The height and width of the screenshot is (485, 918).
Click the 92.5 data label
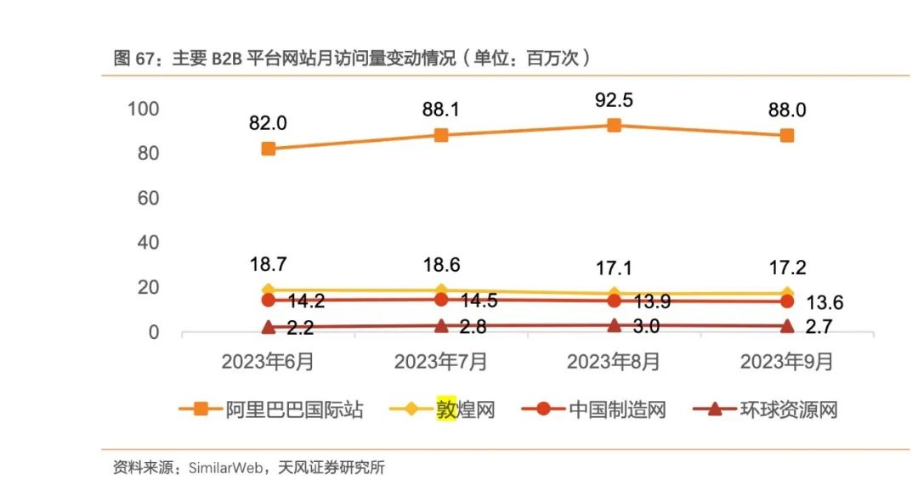click(x=615, y=100)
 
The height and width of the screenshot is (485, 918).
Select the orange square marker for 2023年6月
click(x=269, y=149)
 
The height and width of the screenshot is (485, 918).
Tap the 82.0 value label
click(x=269, y=123)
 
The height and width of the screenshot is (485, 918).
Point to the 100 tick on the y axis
click(x=143, y=109)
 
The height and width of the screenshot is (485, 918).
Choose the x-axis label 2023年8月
click(x=614, y=362)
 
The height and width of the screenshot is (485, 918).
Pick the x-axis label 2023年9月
click(x=787, y=362)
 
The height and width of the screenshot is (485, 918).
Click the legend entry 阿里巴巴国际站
click(x=294, y=409)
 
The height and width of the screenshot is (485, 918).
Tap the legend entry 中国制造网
click(x=617, y=409)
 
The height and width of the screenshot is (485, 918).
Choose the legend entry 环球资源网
click(x=789, y=409)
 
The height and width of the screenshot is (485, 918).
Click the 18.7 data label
click(x=269, y=265)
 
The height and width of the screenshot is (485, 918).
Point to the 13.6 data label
click(x=829, y=303)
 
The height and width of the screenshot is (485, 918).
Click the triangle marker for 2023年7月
click(x=441, y=325)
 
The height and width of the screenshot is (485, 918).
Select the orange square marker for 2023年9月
click(x=787, y=135)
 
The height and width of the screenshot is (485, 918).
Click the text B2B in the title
click(x=226, y=59)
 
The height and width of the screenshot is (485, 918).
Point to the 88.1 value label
click(x=441, y=110)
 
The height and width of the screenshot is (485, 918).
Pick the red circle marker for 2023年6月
click(x=269, y=300)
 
